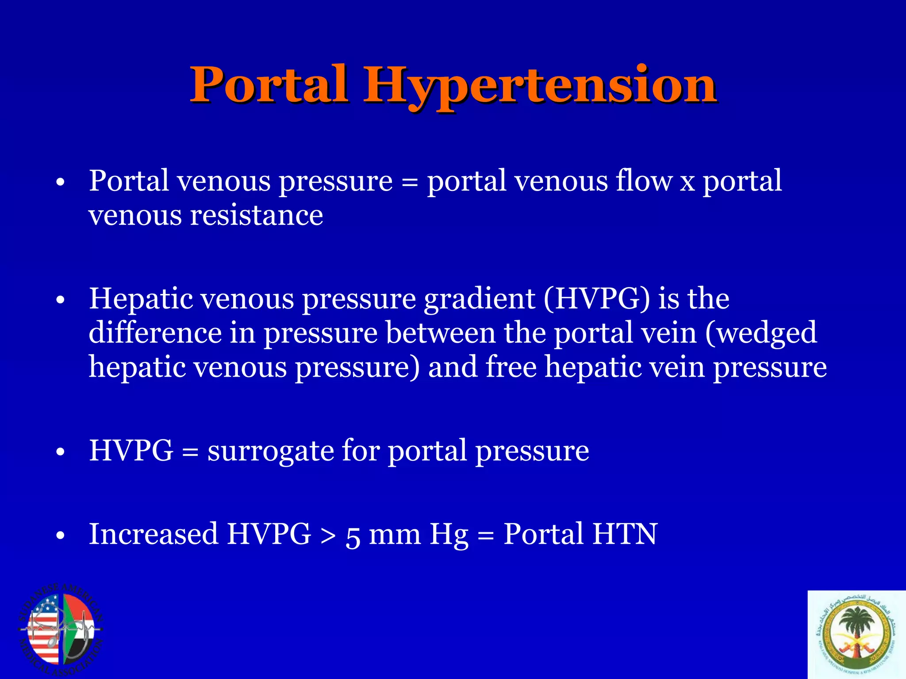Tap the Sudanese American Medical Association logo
pyautogui.click(x=61, y=630)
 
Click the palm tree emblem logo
pyautogui.click(x=857, y=635)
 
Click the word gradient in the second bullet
pyautogui.click(x=480, y=299)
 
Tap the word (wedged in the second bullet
pyautogui.click(x=761, y=333)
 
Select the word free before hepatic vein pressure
pyautogui.click(x=511, y=367)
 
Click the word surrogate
pyautogui.click(x=271, y=451)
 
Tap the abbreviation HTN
pyautogui.click(x=625, y=534)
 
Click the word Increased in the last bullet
pyautogui.click(x=154, y=534)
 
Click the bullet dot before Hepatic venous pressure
pyautogui.click(x=61, y=301)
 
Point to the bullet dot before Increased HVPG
pyautogui.click(x=61, y=536)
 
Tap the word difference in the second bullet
pyautogui.click(x=155, y=333)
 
